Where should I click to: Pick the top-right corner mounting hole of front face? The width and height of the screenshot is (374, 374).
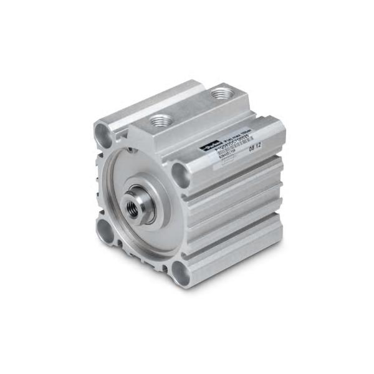pos(179,171)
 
